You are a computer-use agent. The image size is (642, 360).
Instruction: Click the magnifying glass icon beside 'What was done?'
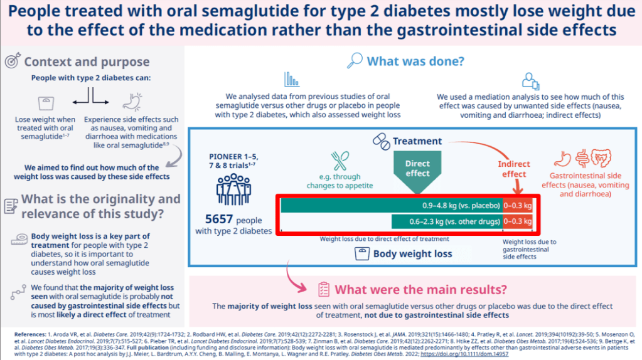click(355, 60)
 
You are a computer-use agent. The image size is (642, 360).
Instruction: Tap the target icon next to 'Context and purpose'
click(12, 61)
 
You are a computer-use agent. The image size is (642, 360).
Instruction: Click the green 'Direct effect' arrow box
click(417, 168)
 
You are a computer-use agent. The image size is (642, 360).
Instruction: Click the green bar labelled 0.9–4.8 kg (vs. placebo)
click(391, 205)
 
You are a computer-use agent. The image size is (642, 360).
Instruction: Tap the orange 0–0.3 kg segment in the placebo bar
click(518, 205)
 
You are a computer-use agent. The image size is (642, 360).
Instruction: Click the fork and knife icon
click(340, 161)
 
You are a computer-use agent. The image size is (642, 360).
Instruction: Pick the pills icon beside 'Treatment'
click(381, 141)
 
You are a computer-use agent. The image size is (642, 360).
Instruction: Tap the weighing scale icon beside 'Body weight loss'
click(362, 253)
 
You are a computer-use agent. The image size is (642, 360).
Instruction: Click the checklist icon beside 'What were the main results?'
click(323, 289)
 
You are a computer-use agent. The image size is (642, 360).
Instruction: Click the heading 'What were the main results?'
click(420, 290)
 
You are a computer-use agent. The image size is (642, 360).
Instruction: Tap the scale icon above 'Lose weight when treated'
click(45, 102)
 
